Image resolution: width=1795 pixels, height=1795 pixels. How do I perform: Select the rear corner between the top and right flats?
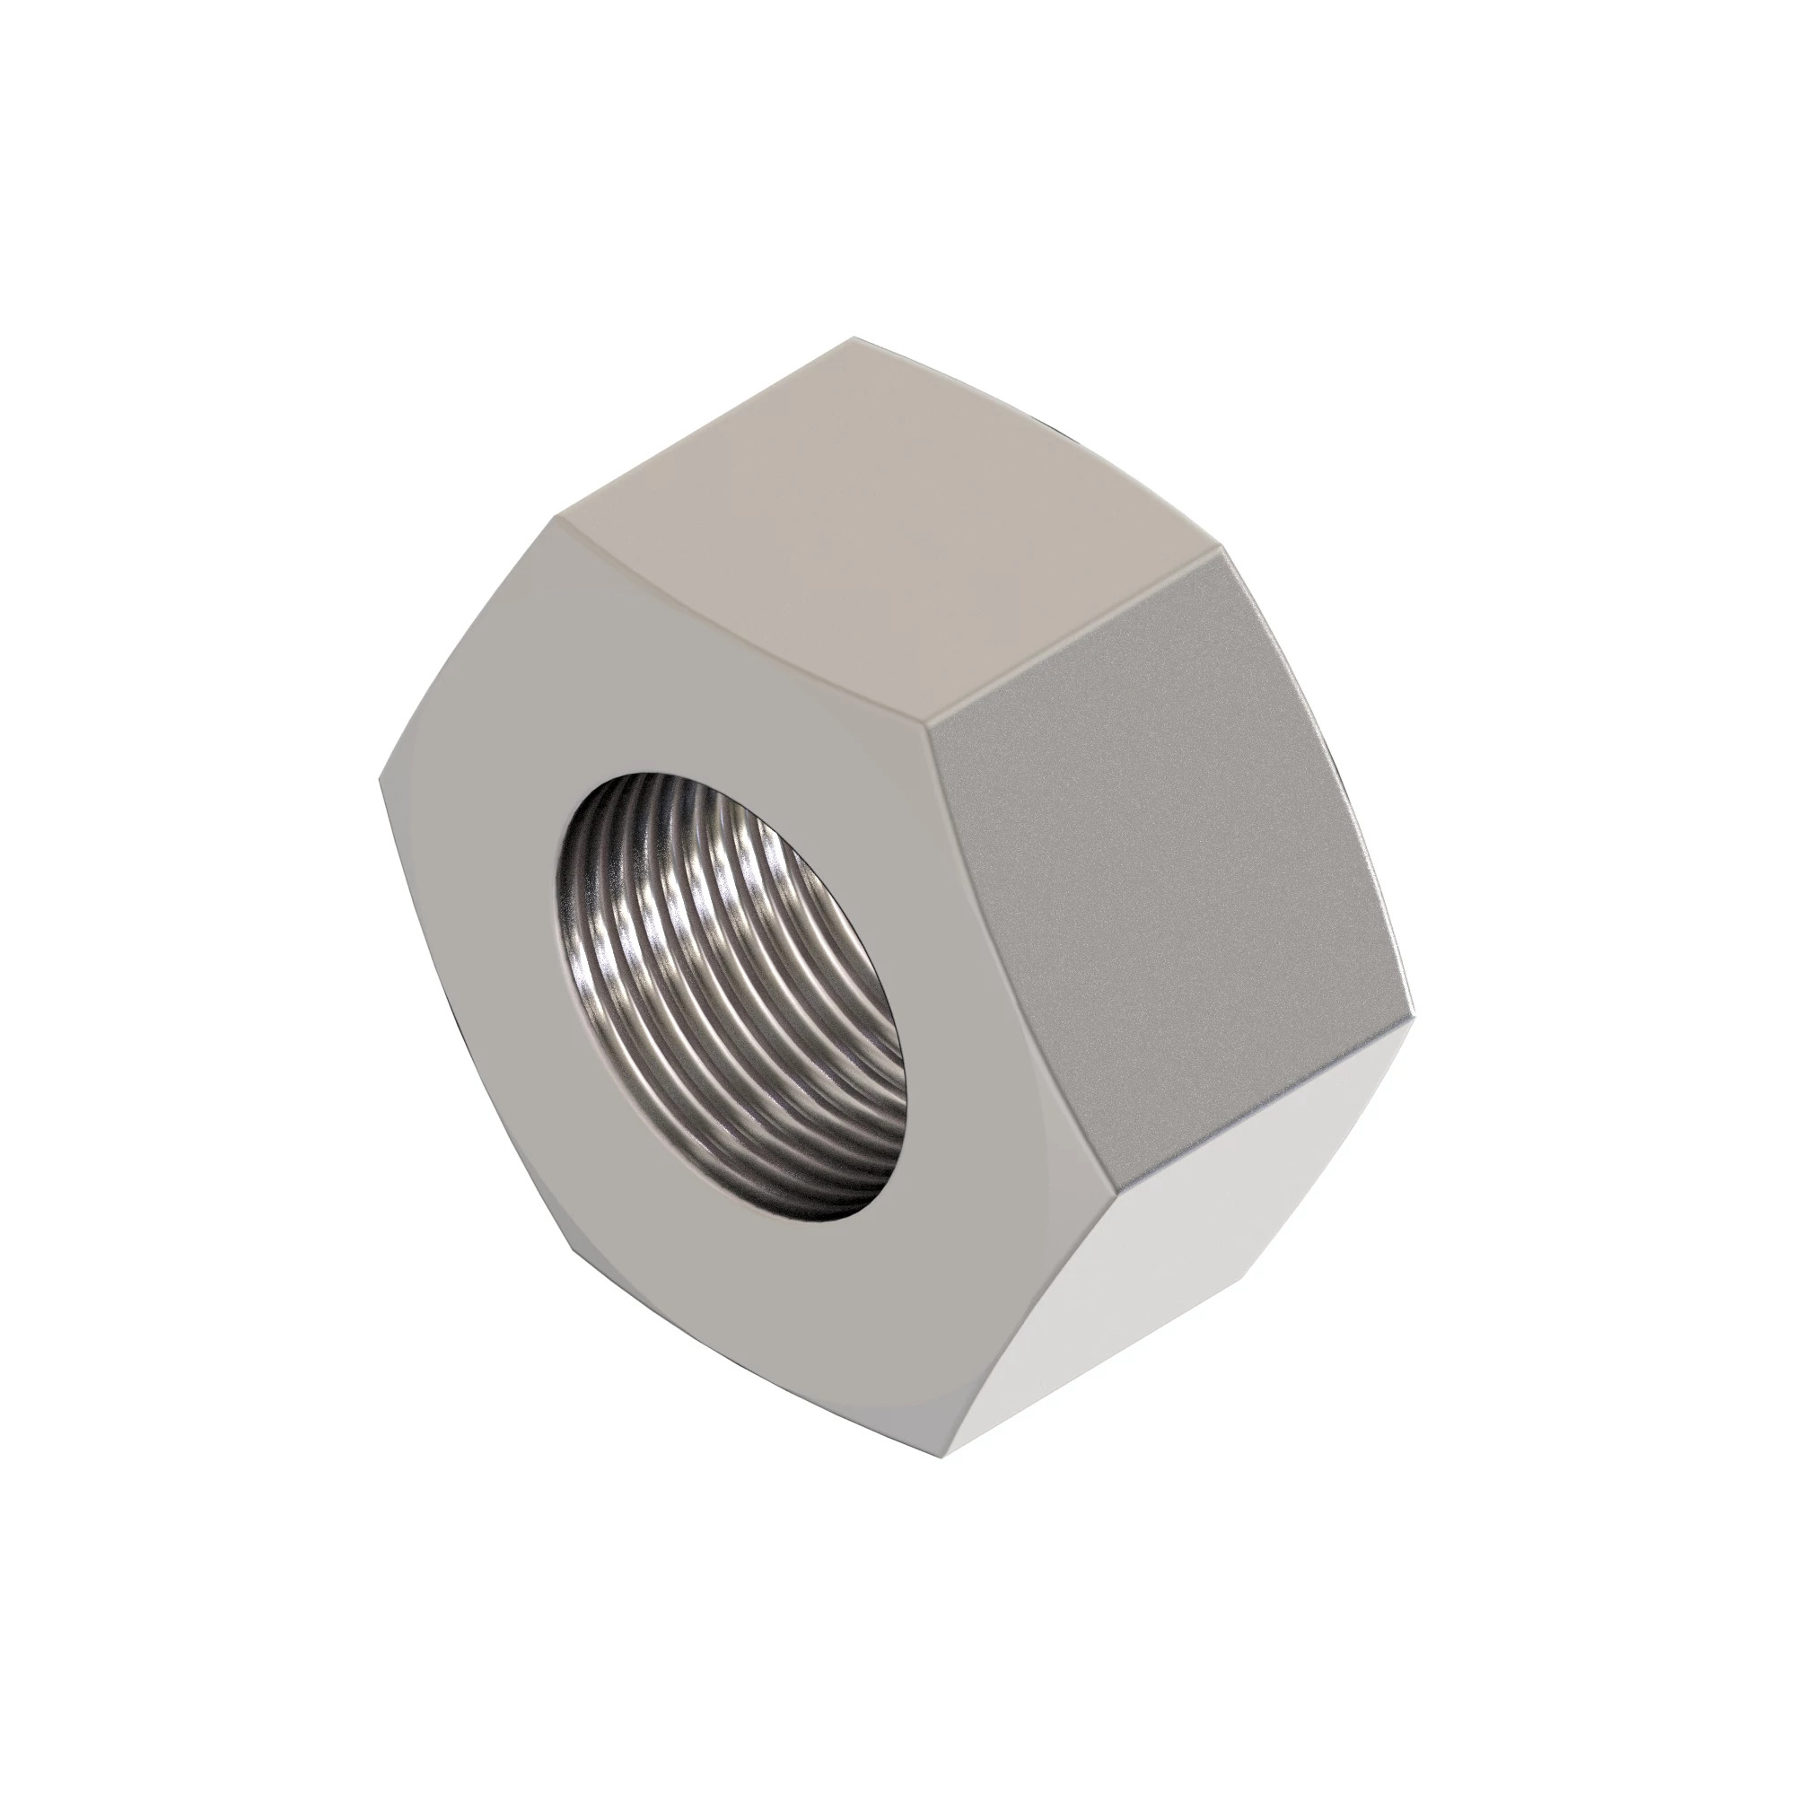(1219, 550)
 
